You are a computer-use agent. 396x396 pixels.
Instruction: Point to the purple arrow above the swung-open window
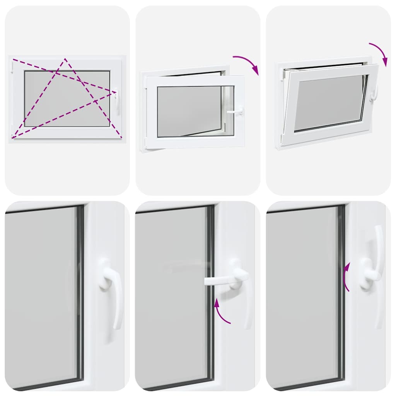(x=247, y=63)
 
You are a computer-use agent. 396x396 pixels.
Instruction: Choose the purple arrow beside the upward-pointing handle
(x=346, y=277)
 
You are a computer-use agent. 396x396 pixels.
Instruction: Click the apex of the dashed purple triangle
(x=65, y=59)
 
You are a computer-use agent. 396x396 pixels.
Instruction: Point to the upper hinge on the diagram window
(x=12, y=68)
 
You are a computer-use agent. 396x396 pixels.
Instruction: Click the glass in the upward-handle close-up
(x=302, y=294)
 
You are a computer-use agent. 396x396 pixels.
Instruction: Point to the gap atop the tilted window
(x=325, y=67)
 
